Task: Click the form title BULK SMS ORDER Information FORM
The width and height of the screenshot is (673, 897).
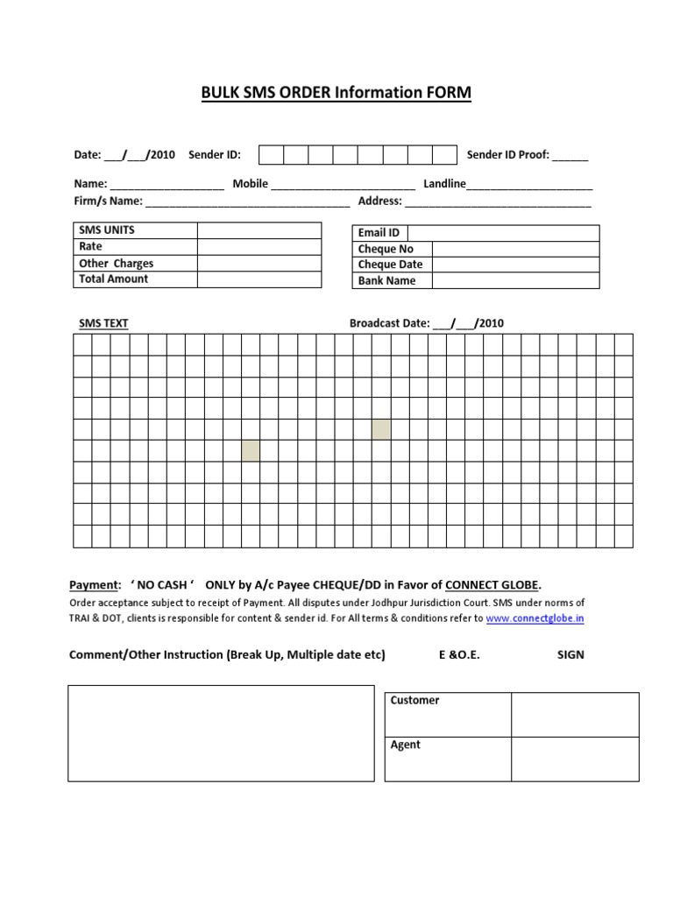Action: point(336,93)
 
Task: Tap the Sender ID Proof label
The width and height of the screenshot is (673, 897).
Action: point(507,155)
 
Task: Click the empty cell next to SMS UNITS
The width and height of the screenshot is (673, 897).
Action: point(259,230)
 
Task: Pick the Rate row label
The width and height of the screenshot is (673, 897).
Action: point(91,247)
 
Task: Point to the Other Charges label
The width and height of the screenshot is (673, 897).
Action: point(116,263)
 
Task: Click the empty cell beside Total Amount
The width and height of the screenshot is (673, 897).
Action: point(259,279)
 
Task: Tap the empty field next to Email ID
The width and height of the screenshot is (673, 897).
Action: point(503,233)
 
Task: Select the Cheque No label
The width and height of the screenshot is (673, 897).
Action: point(386,249)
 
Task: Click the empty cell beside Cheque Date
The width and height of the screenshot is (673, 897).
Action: point(515,265)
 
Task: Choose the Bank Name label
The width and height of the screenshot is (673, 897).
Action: point(386,281)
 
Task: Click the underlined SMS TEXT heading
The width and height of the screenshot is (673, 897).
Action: point(103,323)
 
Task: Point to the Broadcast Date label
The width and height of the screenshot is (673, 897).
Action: point(389,323)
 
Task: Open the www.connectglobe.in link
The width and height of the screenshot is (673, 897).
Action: point(535,618)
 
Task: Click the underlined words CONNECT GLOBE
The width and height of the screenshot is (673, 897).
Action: point(492,584)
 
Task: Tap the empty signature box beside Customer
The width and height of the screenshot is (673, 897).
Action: point(575,715)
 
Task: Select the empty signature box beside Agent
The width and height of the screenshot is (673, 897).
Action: point(575,759)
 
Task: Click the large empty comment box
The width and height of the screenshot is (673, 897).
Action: point(221,733)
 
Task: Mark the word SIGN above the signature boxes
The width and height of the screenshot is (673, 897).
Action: point(570,655)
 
